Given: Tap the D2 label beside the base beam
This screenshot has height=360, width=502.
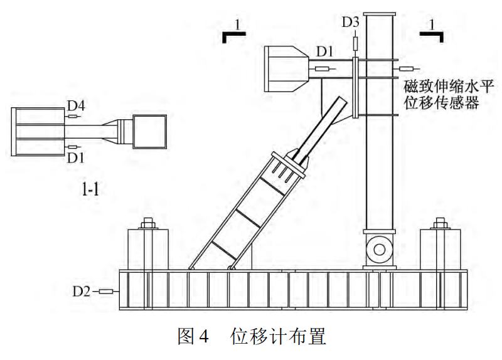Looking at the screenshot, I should coord(82,291).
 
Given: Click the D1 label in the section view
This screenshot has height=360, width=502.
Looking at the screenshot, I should coord(76,156).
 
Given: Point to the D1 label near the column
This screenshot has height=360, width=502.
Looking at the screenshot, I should coord(326,50).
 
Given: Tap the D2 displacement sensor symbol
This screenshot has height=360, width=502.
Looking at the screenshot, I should coord(107,291).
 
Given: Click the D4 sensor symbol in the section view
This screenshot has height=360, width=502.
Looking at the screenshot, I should coord(75,116).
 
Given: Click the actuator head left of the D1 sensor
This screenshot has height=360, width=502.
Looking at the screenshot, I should coord(287,70).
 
